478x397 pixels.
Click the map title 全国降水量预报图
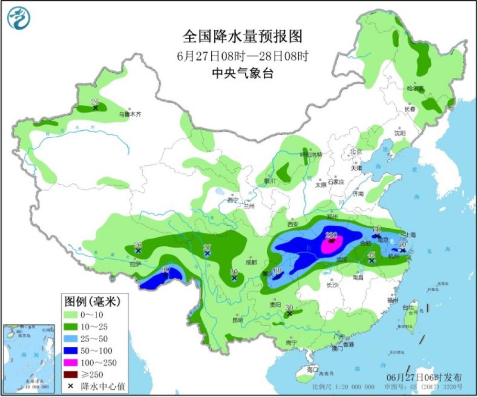[x=243, y=36]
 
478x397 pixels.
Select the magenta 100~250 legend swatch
[x=76, y=363]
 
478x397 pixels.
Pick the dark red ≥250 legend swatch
[x=76, y=375]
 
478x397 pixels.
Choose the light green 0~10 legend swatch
[x=76, y=315]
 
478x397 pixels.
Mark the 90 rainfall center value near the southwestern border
[x=166, y=270]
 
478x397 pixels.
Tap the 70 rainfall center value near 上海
[x=402, y=245]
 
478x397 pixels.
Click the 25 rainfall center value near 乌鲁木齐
[x=95, y=102]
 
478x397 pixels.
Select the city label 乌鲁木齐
[x=130, y=115]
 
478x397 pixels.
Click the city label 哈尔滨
[x=415, y=88]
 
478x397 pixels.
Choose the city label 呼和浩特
[x=311, y=154]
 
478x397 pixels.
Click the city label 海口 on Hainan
[x=313, y=370]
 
